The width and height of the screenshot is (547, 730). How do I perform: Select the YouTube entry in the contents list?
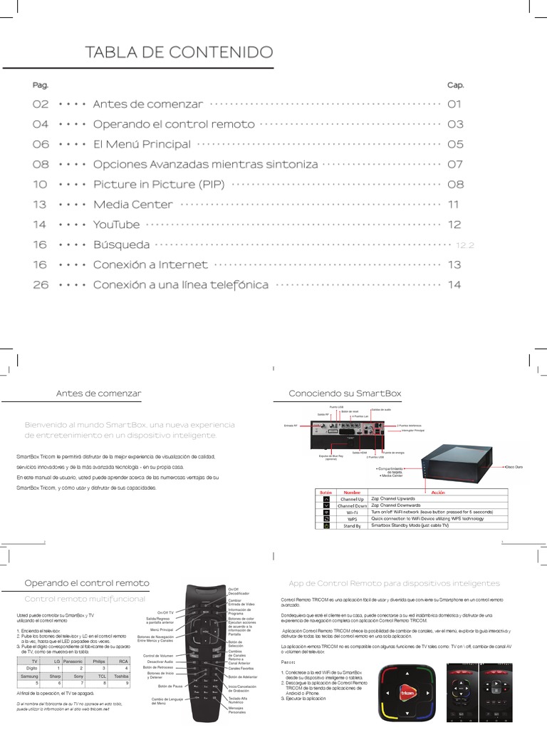coord(116,225)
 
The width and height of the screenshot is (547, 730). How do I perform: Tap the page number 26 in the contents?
coord(40,285)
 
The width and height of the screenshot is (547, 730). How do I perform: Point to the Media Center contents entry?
coord(132,205)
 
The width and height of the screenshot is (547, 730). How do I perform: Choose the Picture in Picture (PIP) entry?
coord(159,185)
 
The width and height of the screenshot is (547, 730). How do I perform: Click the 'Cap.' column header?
coord(455,85)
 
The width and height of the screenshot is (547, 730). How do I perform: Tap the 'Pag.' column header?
coord(41,85)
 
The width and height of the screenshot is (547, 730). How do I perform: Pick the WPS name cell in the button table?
coord(352,519)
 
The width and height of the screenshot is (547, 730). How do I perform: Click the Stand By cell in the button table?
coord(352,526)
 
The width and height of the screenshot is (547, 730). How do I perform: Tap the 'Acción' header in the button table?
coord(437,492)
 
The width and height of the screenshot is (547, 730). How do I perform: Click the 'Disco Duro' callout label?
coord(515,466)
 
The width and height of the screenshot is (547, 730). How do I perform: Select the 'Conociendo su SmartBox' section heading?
coord(345,394)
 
